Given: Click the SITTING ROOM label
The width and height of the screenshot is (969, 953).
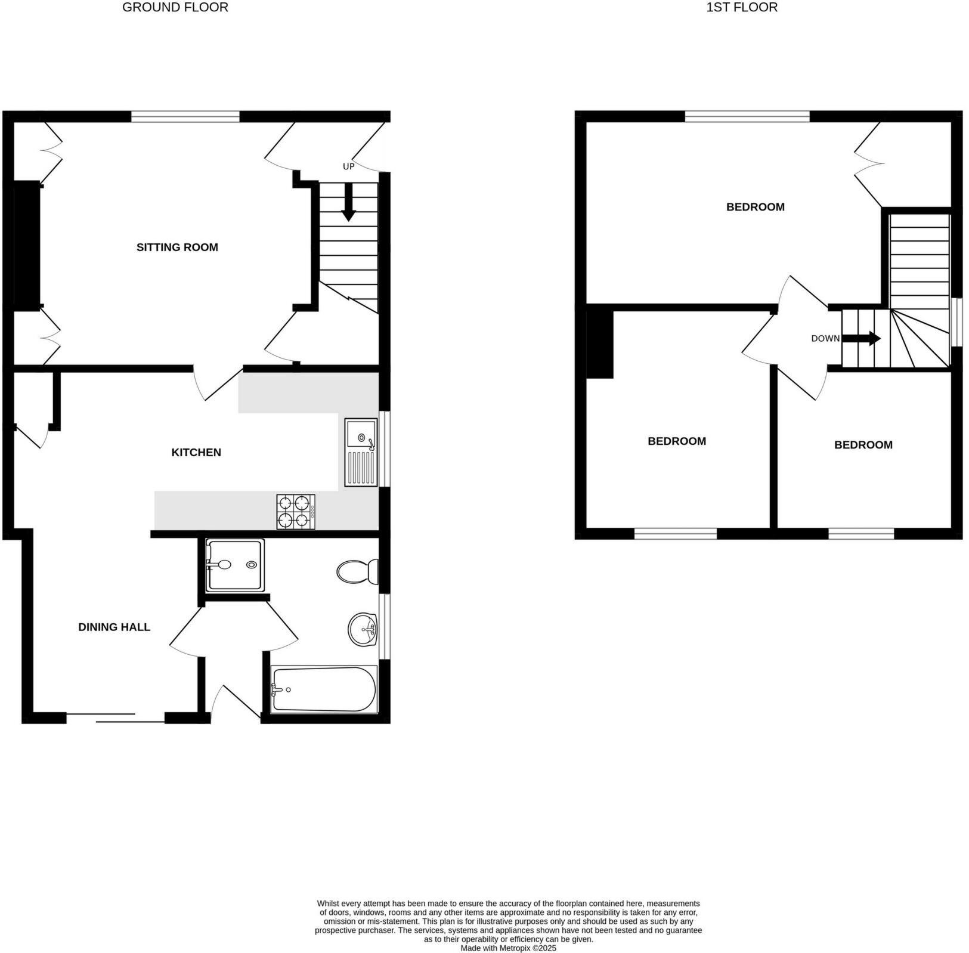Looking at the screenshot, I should (177, 247).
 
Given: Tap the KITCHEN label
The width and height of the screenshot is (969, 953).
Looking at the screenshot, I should (196, 452).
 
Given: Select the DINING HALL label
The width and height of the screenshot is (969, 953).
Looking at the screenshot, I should (114, 627).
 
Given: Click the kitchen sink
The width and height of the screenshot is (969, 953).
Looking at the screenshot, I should (361, 451).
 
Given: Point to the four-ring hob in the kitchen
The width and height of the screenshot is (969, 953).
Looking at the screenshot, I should (296, 512).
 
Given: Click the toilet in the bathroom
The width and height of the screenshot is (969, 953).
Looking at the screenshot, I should (357, 572).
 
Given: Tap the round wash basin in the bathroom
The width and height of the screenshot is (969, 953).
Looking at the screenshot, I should (363, 629).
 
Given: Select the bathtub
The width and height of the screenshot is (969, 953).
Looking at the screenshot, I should (324, 689).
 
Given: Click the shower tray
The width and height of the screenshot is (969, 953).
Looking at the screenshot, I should (234, 565).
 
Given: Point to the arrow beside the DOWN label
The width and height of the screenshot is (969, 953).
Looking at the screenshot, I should (862, 339).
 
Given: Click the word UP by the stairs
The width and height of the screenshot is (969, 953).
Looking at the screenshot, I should (348, 166).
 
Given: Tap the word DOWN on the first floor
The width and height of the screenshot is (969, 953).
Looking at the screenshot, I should (825, 338).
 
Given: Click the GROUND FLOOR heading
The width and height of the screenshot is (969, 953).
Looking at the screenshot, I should (175, 8).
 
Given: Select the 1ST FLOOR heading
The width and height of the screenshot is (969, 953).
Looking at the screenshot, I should (742, 8).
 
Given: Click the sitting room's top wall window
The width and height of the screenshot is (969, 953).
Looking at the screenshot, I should (185, 116).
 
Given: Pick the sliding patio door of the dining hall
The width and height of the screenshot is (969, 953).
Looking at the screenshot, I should (115, 718).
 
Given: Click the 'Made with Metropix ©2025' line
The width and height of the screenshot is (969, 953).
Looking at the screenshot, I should (508, 948).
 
